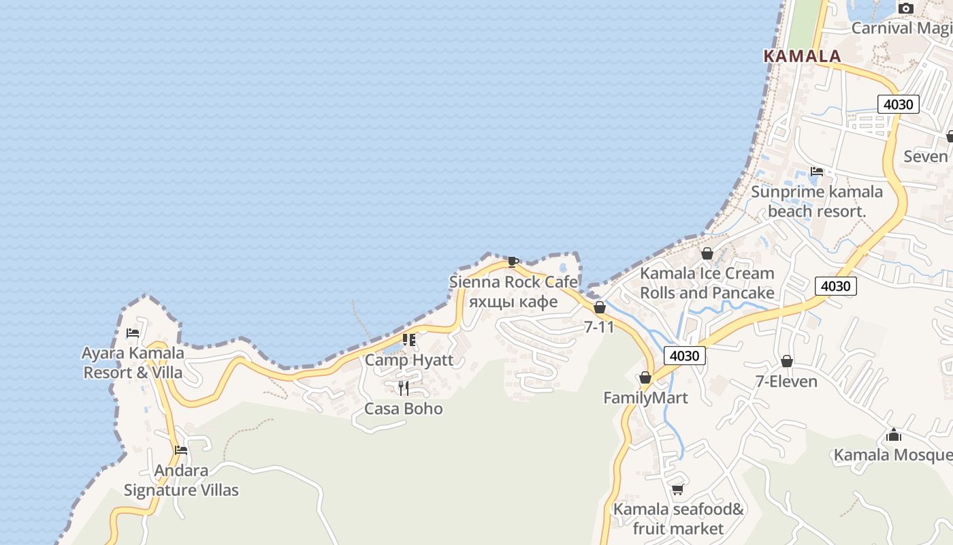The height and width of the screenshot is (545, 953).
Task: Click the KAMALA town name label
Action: [802, 56]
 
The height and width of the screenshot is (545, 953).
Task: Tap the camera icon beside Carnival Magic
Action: [905, 9]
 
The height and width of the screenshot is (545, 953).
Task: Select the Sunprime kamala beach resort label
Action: [817, 202]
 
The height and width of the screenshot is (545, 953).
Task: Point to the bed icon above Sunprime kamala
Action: [817, 172]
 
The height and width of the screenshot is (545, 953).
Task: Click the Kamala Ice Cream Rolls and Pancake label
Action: [707, 283]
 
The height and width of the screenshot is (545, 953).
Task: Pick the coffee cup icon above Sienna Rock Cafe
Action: [513, 262]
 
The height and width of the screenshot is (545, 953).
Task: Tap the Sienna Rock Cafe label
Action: [513, 282]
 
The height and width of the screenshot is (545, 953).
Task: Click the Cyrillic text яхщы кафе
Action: [513, 301]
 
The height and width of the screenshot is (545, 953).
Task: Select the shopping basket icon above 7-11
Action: [600, 308]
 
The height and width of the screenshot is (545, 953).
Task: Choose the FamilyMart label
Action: [645, 398]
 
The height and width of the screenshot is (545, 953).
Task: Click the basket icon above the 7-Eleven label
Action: [787, 361]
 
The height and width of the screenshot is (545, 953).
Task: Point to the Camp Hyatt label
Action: [409, 360]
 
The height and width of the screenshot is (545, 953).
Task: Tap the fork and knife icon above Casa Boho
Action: [404, 388]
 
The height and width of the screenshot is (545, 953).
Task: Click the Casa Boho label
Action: [404, 409]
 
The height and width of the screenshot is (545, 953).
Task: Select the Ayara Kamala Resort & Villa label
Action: [133, 362]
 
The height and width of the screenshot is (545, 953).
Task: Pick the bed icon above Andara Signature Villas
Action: [181, 450]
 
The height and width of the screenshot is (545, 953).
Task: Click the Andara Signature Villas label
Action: [181, 480]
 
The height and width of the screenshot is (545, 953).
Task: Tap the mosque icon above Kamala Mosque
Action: [894, 435]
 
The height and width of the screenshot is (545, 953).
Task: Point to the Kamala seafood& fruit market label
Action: [679, 519]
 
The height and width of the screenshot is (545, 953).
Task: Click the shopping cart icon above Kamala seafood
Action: [677, 489]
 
